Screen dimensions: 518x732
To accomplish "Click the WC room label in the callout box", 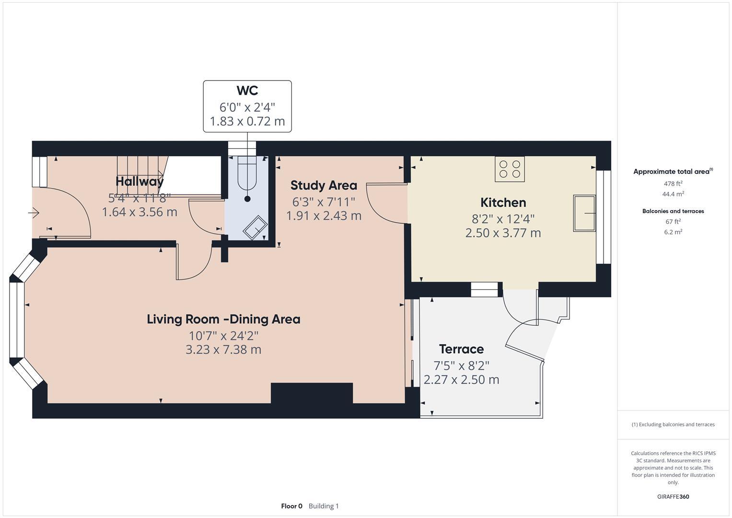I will coord(247,91).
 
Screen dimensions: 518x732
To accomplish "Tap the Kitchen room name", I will coord(503,202).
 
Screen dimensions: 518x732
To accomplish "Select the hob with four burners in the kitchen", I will coord(510,169).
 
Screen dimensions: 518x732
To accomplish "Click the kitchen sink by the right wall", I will coord(584,213).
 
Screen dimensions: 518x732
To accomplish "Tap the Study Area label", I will coord(324,185).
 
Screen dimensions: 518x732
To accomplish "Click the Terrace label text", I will coord(461,349).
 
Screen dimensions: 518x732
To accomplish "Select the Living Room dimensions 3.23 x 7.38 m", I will coord(223,350).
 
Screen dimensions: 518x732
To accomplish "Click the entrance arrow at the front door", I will coord(34,212).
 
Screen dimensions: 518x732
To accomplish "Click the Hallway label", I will coord(139,182).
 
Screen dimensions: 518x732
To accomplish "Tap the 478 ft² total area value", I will coord(673,183).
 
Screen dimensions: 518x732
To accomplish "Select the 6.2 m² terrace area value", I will coord(673,232).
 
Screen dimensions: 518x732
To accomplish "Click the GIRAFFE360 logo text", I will coord(673,496).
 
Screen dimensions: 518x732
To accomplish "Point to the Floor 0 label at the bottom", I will coord(291,506).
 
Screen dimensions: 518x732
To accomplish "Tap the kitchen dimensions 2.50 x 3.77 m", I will coord(503,233).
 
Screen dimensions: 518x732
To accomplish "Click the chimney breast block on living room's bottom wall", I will coord(312,393).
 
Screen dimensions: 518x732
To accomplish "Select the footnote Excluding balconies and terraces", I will coord(673,424).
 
